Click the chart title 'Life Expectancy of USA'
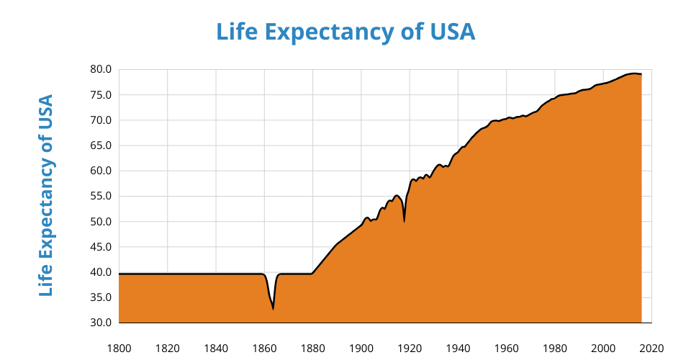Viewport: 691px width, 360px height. (x=345, y=32)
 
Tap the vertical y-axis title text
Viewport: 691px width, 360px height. (x=46, y=195)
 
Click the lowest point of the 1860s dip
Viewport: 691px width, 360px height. (x=273, y=309)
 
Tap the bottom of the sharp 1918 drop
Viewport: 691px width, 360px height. (x=404, y=221)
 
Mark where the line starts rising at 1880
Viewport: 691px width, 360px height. (x=312, y=274)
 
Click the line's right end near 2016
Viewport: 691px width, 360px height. (x=641, y=74)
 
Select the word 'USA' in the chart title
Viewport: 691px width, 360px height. (x=450, y=32)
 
